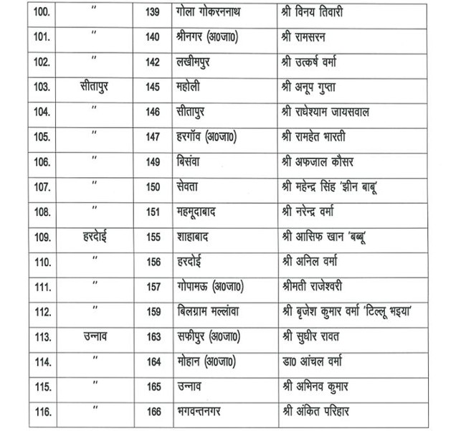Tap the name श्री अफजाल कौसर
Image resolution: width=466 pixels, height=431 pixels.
pyautogui.click(x=320, y=161)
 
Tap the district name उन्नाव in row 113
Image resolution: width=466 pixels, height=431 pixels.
pyautogui.click(x=95, y=337)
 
